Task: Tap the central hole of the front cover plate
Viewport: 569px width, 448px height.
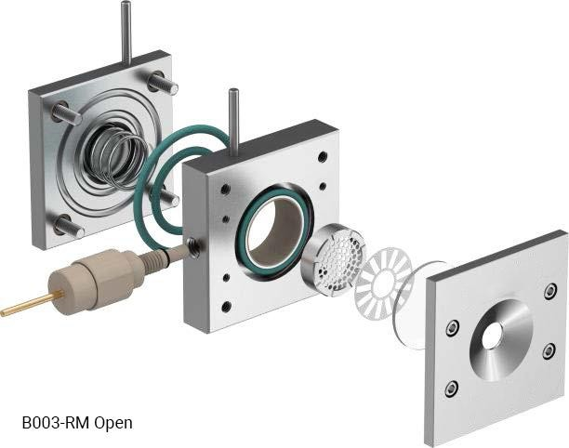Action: click(492, 336)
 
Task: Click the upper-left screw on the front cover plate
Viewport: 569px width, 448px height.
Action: click(452, 327)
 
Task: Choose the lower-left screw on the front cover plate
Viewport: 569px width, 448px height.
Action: click(452, 388)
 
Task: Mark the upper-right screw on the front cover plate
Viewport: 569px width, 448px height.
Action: click(550, 291)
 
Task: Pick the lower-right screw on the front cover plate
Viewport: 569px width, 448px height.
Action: click(549, 350)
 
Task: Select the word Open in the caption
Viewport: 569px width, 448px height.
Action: click(112, 423)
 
